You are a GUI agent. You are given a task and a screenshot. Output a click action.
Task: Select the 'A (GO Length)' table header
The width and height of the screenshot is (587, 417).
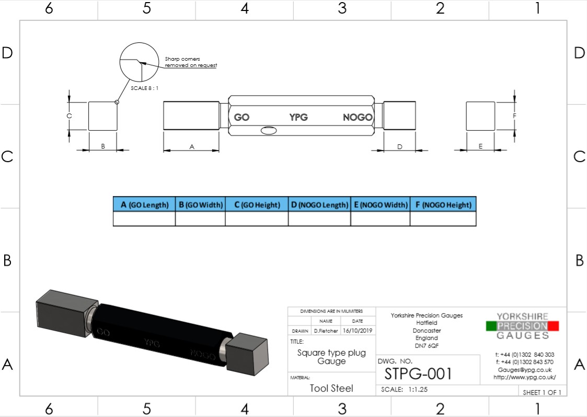[x=144, y=205]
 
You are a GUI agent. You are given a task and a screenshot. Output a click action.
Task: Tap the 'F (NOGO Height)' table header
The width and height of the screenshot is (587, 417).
[x=443, y=205]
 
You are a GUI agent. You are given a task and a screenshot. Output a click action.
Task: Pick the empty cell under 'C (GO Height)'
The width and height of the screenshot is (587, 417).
[x=257, y=219]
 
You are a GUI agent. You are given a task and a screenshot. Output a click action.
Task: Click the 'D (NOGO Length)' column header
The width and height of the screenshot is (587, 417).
[x=319, y=205]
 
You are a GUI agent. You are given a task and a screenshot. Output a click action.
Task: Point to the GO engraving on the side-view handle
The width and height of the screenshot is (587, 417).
[x=241, y=117]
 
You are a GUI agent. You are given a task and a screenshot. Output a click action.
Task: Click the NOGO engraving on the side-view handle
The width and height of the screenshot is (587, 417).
[x=358, y=117]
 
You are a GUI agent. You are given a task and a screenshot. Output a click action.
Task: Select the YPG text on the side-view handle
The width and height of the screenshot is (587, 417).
[x=298, y=117]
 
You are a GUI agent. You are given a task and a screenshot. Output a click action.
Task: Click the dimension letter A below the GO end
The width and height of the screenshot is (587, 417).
[x=192, y=148]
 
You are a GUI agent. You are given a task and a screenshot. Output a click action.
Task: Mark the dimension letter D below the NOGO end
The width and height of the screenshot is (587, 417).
[x=400, y=147]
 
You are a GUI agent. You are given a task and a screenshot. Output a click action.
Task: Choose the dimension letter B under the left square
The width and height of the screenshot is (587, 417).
[x=103, y=146]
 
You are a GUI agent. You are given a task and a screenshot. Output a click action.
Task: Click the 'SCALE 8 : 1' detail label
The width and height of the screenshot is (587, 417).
[x=144, y=88]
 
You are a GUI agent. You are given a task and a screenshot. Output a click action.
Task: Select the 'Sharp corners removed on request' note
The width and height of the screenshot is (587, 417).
[x=191, y=62]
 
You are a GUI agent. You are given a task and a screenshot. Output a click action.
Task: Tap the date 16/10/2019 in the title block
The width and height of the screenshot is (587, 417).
[x=358, y=331]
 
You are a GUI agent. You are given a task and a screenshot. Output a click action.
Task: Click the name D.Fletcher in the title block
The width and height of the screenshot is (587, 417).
[x=326, y=331]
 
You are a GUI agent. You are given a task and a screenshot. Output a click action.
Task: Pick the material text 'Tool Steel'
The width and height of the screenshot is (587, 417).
[x=331, y=388]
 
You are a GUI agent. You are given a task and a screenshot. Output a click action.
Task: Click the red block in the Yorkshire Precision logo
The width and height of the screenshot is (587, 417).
[x=554, y=326]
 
